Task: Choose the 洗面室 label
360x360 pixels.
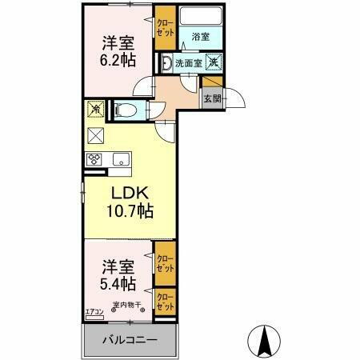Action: click(x=190, y=62)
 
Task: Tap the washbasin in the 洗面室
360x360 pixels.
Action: click(x=167, y=62)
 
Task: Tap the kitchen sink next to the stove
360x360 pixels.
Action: click(x=121, y=157)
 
